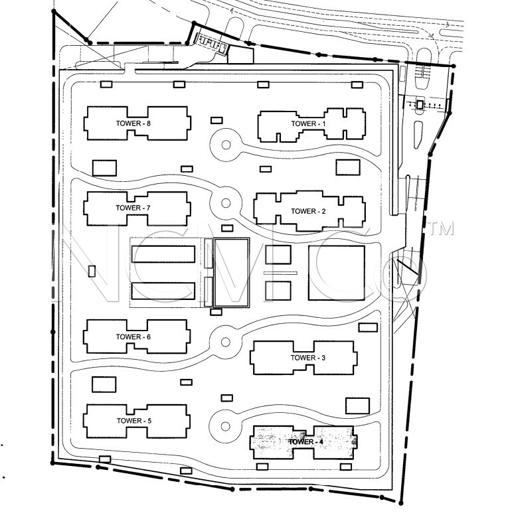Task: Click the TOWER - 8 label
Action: [x=133, y=123]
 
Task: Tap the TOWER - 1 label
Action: [x=308, y=123]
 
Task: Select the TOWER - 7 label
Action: [x=133, y=208]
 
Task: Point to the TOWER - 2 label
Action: [x=308, y=211]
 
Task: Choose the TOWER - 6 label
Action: [x=133, y=337]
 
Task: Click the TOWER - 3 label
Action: [x=308, y=358]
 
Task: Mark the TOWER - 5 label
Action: [x=134, y=421]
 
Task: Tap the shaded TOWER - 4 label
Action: [x=306, y=441]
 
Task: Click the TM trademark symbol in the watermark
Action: [x=442, y=228]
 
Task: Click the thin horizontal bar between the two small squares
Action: [x=281, y=273]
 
